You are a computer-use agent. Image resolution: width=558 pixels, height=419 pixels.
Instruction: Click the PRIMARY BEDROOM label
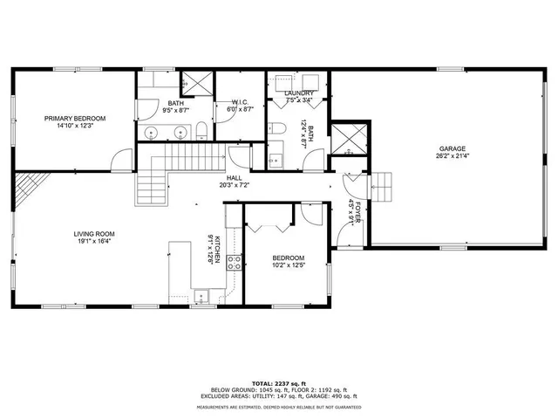pyautogui.click(x=76, y=118)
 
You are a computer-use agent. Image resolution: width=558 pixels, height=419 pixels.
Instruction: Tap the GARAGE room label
pyautogui.click(x=451, y=148)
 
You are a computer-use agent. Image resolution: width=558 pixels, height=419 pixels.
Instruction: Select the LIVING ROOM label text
pyautogui.click(x=93, y=234)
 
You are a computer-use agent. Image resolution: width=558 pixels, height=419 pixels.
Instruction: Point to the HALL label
pyautogui.click(x=234, y=177)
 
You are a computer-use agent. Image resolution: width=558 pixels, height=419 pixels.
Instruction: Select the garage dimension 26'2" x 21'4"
pyautogui.click(x=451, y=157)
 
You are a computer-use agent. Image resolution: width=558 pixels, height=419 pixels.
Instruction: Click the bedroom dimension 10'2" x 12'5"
pyautogui.click(x=287, y=266)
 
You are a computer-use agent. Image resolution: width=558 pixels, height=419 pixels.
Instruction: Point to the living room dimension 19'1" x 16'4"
pyautogui.click(x=93, y=243)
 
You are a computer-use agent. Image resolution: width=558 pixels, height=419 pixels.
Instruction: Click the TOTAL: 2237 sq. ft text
pyautogui.click(x=279, y=382)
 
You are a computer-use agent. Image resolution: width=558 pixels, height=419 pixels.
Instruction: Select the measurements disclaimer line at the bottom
pyautogui.click(x=279, y=407)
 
